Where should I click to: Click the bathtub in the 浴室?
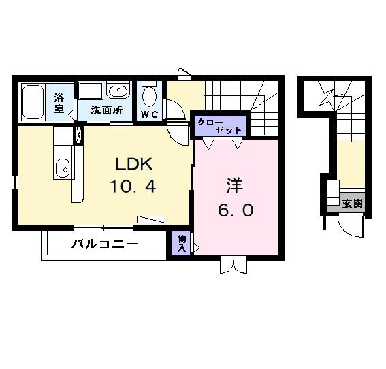coord(33,101)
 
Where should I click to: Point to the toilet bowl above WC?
coord(150,93)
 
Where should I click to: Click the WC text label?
coord(150,114)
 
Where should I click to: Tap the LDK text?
coord(133,165)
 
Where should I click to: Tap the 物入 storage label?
coord(182,243)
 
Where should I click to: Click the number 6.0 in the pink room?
coord(236,210)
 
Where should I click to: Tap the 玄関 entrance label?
coord(353,204)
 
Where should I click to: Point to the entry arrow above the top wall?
coord(182,71)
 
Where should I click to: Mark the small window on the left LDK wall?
coord(14,182)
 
